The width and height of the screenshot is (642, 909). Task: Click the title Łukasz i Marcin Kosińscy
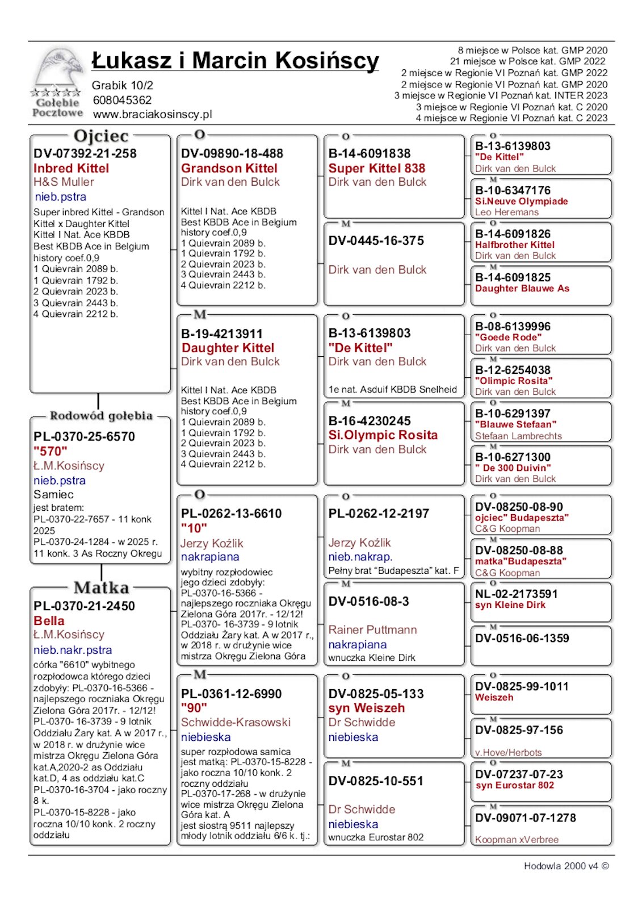tap(235, 61)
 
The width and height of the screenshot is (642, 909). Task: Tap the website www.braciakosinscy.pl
tap(152, 114)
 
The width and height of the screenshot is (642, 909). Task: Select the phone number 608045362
tap(122, 100)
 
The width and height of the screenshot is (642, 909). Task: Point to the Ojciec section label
tap(101, 136)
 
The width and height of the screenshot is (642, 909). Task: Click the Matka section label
tap(101, 587)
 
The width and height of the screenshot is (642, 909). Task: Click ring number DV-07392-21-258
tap(85, 153)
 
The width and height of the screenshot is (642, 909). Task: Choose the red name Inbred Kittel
tap(71, 168)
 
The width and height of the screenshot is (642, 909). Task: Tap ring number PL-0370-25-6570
tap(84, 436)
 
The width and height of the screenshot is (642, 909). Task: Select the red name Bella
tap(49, 620)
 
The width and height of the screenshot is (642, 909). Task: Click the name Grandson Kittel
tap(229, 168)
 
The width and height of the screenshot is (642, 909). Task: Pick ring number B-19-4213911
tap(222, 333)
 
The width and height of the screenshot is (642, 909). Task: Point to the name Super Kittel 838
tap(377, 168)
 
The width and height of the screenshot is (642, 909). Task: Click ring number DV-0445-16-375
tap(376, 240)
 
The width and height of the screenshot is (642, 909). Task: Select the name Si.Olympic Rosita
tap(383, 435)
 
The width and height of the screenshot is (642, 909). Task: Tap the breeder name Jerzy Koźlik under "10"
tap(212, 543)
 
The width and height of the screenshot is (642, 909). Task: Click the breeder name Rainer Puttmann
tap(372, 629)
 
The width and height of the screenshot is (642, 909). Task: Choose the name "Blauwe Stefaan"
tap(515, 424)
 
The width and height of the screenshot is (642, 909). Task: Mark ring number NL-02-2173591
tap(517, 594)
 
